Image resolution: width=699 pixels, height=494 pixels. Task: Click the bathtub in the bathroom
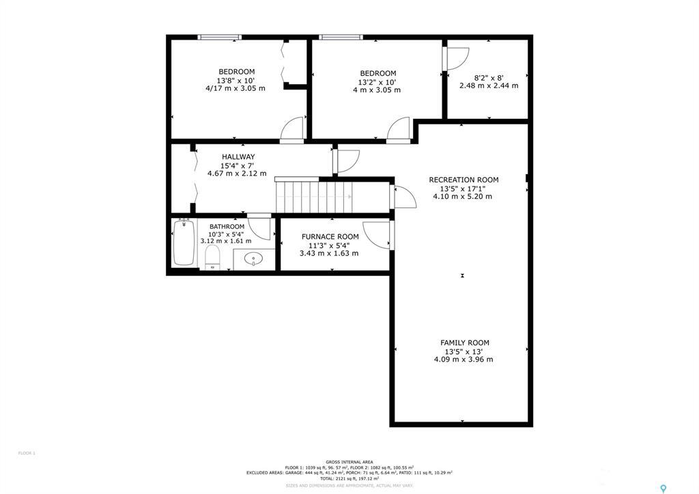point(184,243)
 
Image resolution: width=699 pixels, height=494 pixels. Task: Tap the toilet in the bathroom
point(212,257)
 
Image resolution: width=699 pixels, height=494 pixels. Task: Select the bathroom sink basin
point(254,259)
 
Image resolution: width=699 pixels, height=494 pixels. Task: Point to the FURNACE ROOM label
point(330,237)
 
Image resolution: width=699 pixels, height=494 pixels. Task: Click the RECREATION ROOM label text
point(463,180)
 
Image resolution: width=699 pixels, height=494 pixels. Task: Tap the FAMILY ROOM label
point(464,343)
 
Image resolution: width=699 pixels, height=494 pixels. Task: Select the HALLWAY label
point(238,157)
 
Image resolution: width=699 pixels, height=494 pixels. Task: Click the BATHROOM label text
point(227,227)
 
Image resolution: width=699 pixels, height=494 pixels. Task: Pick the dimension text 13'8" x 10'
point(236,81)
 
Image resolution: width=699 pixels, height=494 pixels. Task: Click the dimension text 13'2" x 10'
point(377,82)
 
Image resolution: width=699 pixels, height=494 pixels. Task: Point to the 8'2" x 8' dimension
point(488,78)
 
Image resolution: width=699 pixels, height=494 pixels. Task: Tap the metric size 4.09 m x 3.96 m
point(463,359)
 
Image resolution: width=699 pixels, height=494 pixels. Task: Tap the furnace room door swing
point(377,234)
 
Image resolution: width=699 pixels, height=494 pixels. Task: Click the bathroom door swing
point(259,228)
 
